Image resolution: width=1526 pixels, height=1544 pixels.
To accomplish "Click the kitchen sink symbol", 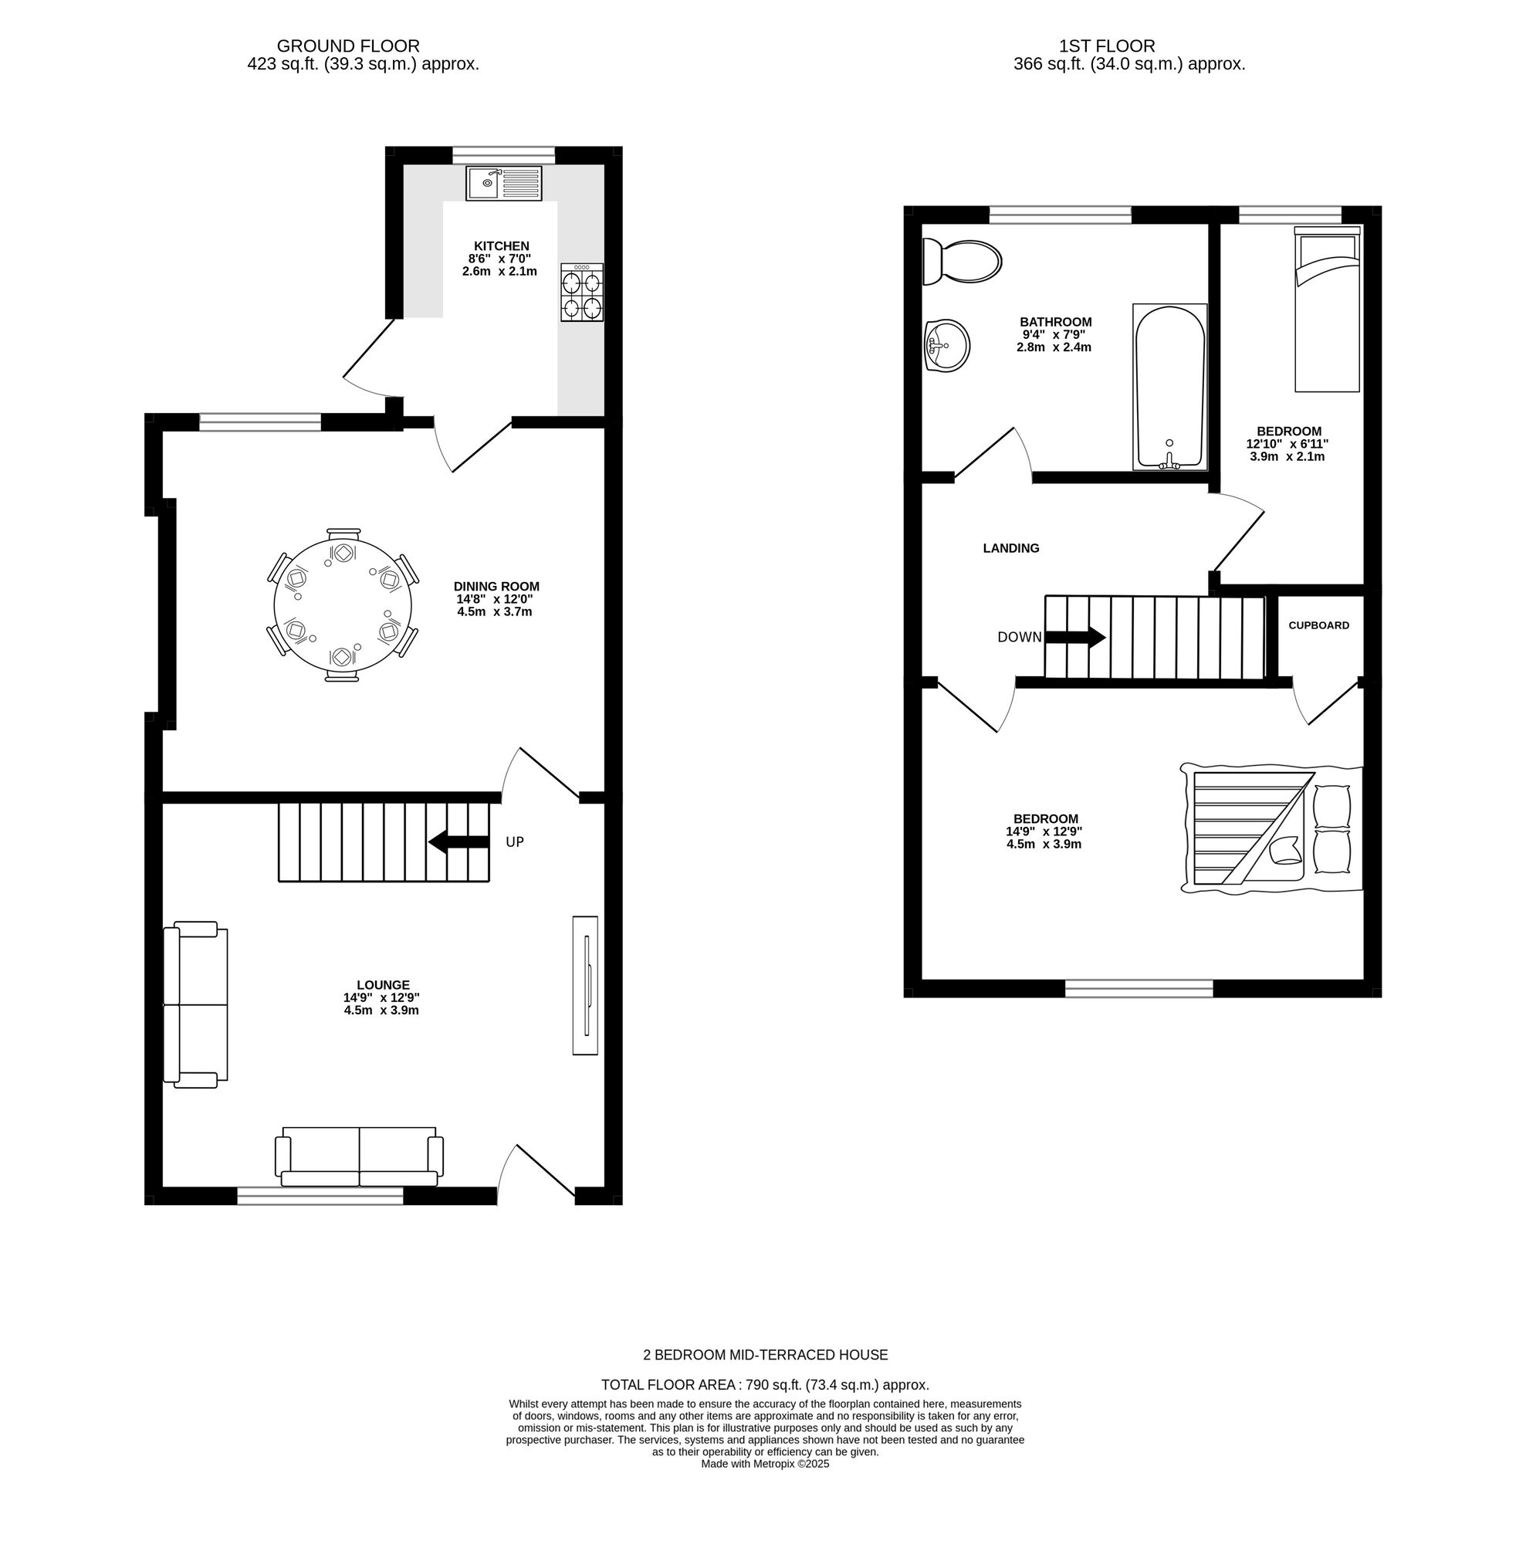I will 503,183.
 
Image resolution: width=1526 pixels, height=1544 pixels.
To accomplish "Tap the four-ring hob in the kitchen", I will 581,292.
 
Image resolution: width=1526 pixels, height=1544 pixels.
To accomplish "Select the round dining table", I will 342,605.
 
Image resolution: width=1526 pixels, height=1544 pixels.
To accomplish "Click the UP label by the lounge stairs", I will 515,841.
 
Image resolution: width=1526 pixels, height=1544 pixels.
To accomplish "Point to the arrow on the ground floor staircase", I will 458,841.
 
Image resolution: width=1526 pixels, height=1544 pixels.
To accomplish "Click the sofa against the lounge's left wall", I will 195,1004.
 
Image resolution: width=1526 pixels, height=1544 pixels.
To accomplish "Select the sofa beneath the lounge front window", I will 359,1156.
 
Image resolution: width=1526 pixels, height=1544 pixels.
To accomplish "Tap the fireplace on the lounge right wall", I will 585,984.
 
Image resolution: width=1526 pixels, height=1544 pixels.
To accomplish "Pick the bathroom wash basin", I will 946,346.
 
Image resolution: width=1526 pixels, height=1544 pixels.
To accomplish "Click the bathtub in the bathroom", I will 1169,386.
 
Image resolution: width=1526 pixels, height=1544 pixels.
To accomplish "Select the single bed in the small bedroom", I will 1326,310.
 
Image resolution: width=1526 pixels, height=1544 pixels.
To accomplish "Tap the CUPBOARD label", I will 1318,625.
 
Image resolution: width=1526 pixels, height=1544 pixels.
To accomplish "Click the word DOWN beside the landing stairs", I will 1019,637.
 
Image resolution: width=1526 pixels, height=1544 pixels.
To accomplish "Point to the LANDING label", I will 1010,548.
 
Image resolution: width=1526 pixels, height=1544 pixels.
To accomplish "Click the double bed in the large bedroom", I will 1271,828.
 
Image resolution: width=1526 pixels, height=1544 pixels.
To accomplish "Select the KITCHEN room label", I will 501,246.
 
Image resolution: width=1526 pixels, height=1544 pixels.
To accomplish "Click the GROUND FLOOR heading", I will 347,46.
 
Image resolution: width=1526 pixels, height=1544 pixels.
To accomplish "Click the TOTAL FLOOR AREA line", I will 765,1385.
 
